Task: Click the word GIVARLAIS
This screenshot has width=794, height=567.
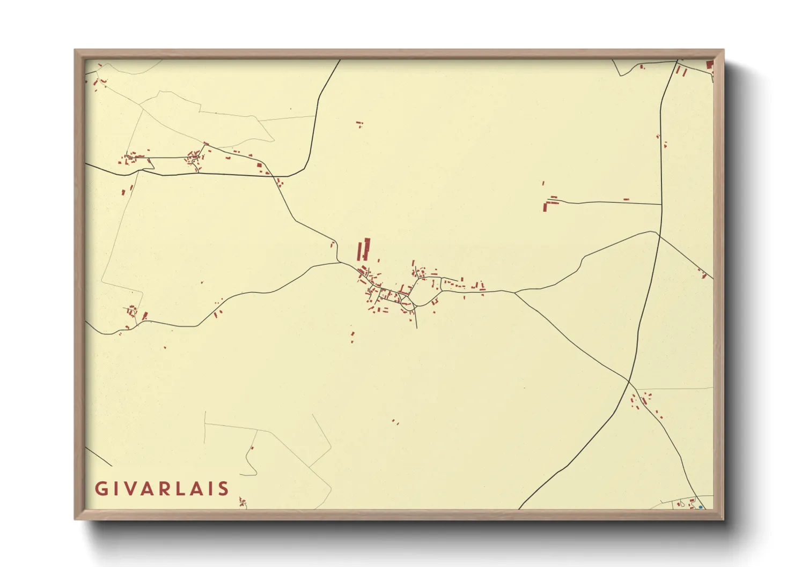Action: point(162,489)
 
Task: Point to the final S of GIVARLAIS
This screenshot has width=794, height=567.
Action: point(224,489)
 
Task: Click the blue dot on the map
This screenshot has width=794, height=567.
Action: point(701,507)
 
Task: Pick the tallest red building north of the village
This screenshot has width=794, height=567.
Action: point(367,249)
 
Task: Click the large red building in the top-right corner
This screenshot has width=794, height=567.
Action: point(709,65)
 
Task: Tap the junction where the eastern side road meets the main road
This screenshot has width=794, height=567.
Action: point(661,204)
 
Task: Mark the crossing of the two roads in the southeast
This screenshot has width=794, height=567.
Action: point(628,382)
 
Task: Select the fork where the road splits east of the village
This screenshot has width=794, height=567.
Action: point(515,292)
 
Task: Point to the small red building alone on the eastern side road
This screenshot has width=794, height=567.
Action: point(626,200)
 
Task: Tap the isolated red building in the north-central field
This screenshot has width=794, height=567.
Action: point(359,124)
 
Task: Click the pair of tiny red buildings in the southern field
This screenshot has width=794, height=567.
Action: point(395,422)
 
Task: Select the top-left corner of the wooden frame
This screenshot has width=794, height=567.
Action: point(75,50)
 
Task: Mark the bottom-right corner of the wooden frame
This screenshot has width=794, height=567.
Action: point(723,519)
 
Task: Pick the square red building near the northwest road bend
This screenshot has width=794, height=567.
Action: point(260,166)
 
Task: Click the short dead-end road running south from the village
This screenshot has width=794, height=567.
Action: point(415,319)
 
